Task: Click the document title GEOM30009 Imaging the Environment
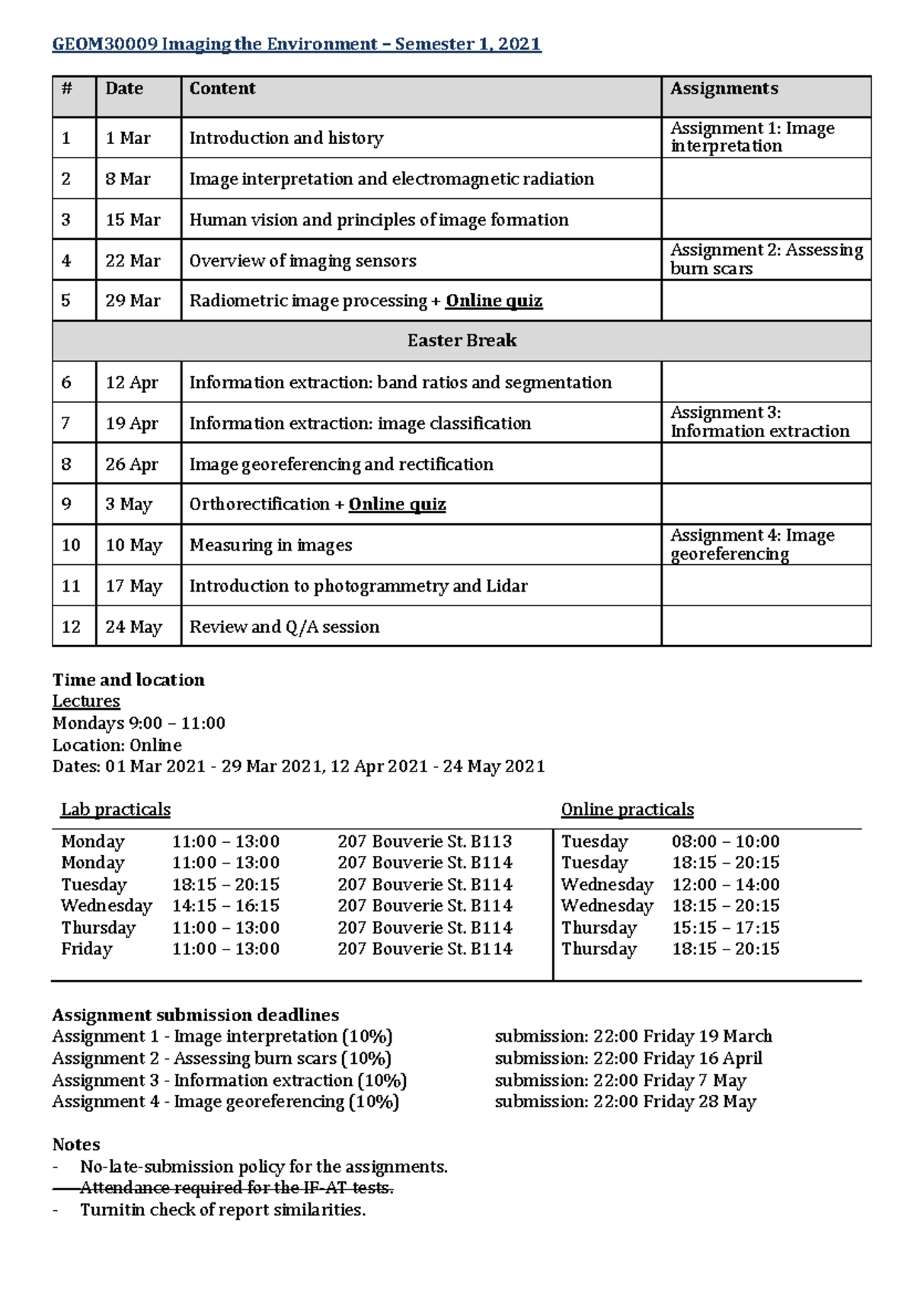point(296,44)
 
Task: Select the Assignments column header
point(724,89)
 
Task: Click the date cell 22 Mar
point(133,260)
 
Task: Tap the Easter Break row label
point(462,340)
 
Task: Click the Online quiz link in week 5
point(494,301)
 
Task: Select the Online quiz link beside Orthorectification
point(397,504)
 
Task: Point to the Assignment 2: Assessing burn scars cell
point(765,260)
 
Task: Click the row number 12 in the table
point(71,627)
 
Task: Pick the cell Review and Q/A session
point(284,627)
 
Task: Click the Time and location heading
point(128,680)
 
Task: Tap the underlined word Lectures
point(86,701)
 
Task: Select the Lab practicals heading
point(116,809)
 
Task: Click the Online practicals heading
point(627,809)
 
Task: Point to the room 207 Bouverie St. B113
point(424,841)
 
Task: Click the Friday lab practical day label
point(87,949)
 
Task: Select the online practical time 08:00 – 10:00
point(725,841)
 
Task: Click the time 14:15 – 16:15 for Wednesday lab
point(225,905)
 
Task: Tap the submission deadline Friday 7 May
point(620,1081)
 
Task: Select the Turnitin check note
point(222,1210)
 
